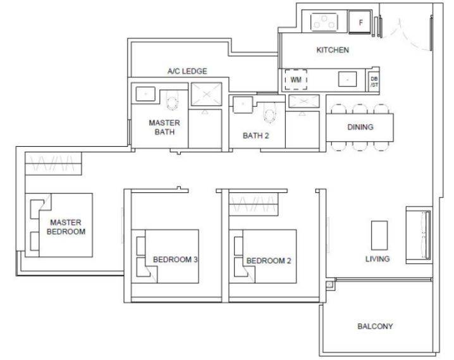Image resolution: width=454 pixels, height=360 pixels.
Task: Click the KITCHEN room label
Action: pos(333,50)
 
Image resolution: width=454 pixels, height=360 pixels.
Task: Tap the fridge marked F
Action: pos(360,22)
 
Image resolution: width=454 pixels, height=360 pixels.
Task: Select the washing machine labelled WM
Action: pos(296,80)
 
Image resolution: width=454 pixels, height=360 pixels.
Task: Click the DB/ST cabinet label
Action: pos(374,82)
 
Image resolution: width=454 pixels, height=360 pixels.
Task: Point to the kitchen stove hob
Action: pos(324,22)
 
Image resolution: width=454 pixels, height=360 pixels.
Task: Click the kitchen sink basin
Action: pos(347,79)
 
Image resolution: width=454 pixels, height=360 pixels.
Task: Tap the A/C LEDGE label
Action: pos(187,71)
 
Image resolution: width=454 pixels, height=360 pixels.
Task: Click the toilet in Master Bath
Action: pos(171,101)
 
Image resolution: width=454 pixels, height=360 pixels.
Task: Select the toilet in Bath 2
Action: pos(269,113)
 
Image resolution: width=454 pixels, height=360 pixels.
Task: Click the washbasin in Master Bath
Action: pos(145,94)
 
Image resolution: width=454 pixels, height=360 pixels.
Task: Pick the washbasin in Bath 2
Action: pos(243,104)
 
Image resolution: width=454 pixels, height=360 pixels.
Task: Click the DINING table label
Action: pos(360,127)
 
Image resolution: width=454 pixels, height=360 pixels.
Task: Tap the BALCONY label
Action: pos(375,326)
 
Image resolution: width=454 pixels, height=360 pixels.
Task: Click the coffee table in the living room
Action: pos(379,235)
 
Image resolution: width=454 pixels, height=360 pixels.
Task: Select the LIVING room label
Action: pos(377,259)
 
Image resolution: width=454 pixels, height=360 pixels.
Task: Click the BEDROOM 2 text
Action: pos(269,261)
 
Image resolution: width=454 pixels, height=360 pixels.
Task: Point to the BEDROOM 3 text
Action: pos(175,259)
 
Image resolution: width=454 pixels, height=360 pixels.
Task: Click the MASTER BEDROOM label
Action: pos(66,227)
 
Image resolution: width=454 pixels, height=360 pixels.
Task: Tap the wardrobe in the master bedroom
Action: pos(53,164)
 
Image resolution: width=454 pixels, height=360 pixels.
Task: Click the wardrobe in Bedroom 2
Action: pos(254,204)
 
